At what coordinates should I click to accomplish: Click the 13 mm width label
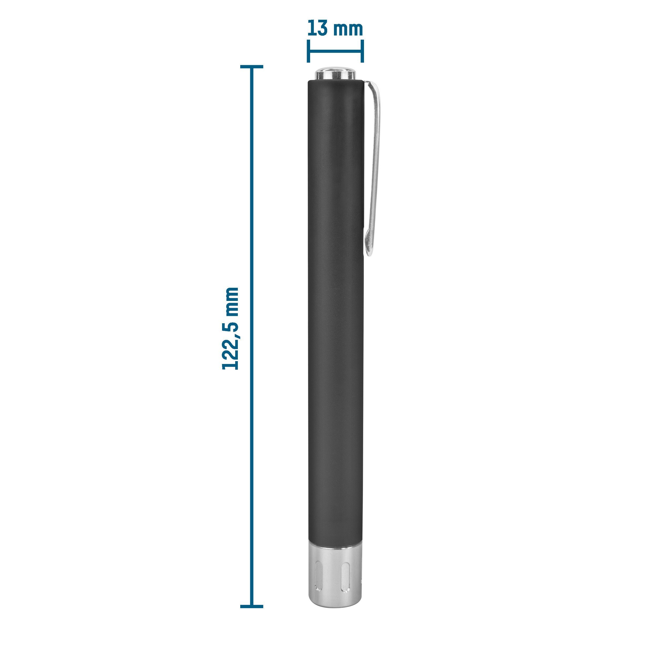(335, 29)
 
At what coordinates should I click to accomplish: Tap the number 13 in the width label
(318, 29)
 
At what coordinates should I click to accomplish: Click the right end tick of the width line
(362, 51)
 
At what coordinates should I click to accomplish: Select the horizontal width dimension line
(335, 51)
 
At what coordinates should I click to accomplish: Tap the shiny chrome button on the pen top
(335, 74)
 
